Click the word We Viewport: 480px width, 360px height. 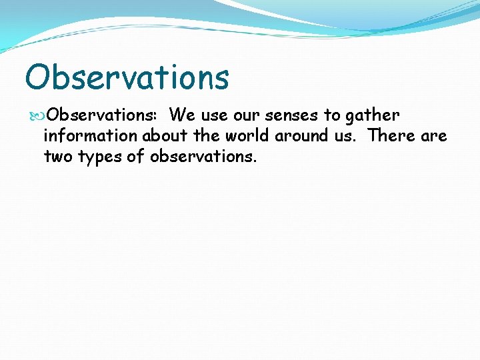[x=182, y=115]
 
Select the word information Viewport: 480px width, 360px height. [x=91, y=136]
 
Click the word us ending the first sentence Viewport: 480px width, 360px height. [x=347, y=137]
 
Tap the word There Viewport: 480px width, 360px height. [x=391, y=136]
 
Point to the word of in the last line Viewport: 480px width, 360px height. [x=138, y=157]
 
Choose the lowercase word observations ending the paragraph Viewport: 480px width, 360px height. [x=203, y=157]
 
